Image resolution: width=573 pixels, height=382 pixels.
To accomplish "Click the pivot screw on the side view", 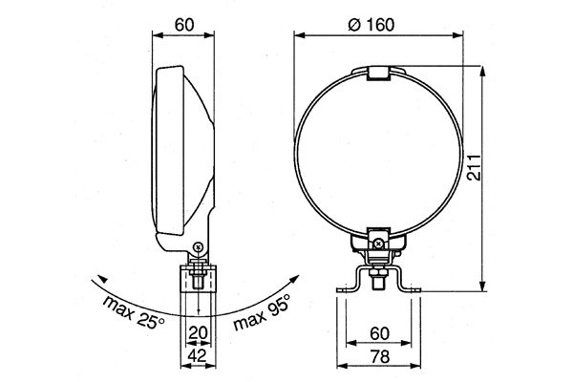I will pyautogui.click(x=197, y=248).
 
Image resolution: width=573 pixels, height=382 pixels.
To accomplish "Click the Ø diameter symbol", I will pyautogui.click(x=354, y=25).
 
